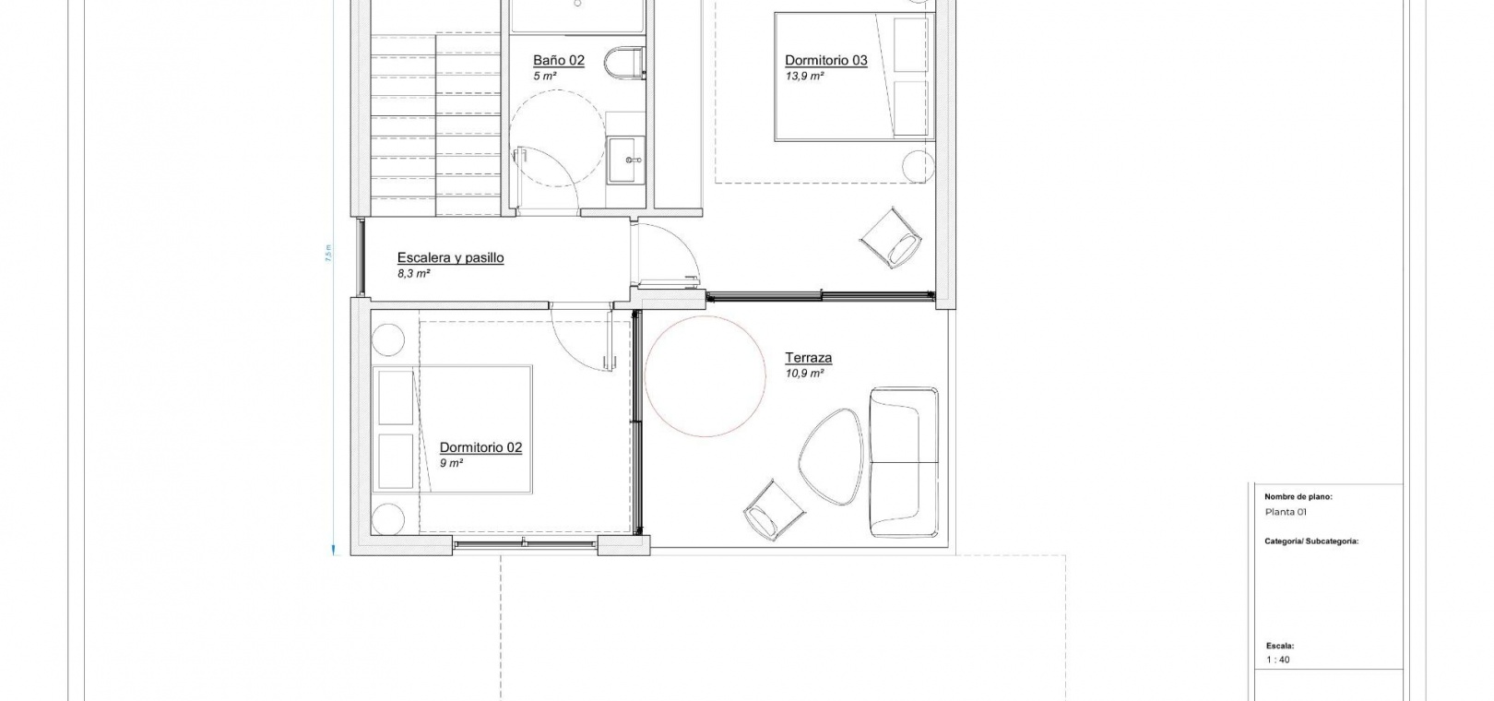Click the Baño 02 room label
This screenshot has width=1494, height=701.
click(559, 61)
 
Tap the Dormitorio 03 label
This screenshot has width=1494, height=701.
click(825, 61)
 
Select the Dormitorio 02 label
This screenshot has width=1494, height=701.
click(480, 447)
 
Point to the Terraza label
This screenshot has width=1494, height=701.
click(809, 358)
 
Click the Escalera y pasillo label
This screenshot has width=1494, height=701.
click(450, 257)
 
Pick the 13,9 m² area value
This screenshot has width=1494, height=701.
click(803, 76)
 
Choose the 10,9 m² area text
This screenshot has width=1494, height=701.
click(803, 374)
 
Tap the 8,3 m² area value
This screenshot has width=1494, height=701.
click(413, 273)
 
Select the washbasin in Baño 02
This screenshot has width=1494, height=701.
click(626, 160)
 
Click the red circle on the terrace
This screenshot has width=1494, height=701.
click(705, 376)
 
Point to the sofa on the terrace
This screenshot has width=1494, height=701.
click(904, 461)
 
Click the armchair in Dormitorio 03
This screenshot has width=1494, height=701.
click(892, 237)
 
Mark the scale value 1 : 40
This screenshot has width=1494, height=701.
click(1277, 659)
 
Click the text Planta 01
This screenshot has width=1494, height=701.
click(1286, 512)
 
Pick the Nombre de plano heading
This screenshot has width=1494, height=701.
click(1298, 497)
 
